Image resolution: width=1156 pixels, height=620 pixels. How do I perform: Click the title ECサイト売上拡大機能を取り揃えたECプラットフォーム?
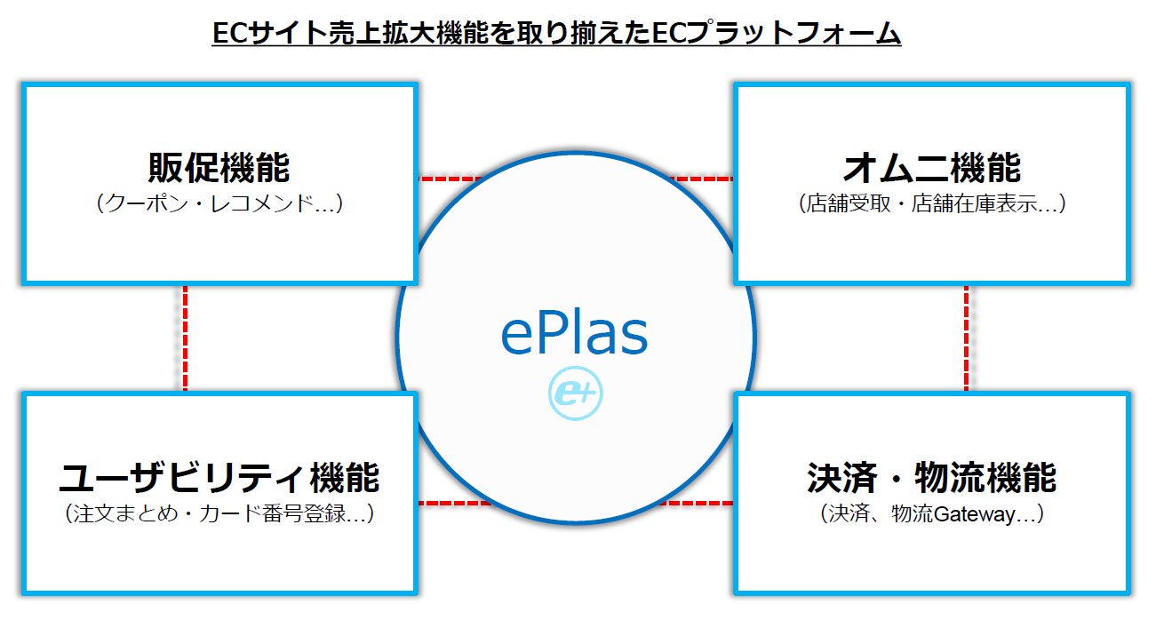click(x=556, y=33)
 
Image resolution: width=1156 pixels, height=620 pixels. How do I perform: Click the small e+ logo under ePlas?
click(x=576, y=393)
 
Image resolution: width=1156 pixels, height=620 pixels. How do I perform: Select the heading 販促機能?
click(x=219, y=168)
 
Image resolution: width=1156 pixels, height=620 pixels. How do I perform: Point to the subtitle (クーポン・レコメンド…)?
click(x=219, y=203)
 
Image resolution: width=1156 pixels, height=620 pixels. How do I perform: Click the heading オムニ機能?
click(x=932, y=168)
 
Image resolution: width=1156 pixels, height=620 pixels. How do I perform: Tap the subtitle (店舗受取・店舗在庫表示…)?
click(x=932, y=203)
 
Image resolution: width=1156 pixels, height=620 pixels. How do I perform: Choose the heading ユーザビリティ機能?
click(x=219, y=478)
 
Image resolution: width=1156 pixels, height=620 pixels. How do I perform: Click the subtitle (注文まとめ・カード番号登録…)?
click(x=219, y=513)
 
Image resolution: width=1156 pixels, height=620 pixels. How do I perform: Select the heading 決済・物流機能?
click(x=932, y=478)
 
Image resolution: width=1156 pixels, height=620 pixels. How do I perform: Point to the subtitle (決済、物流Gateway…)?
click(x=932, y=513)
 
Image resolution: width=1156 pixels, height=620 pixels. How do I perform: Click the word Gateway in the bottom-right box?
click(x=974, y=514)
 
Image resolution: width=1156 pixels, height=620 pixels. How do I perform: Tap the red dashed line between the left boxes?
click(x=186, y=338)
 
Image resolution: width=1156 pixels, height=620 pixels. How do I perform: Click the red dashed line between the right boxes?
click(x=966, y=338)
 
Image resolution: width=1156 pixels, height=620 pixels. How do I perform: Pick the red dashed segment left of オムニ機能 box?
click(x=702, y=179)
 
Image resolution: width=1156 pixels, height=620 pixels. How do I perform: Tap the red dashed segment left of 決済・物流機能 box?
click(x=697, y=503)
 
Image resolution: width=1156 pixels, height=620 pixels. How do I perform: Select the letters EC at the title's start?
click(x=230, y=33)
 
